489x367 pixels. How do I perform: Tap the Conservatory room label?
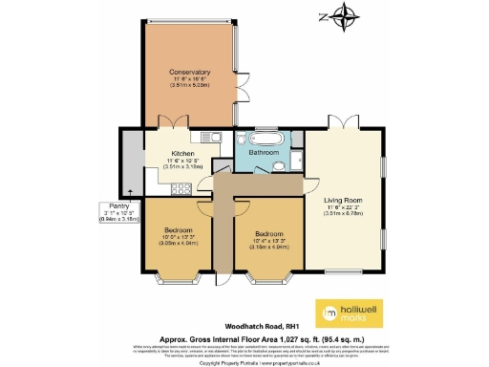(190, 73)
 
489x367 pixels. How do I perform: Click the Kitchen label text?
(182, 153)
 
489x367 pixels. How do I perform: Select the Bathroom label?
(263, 152)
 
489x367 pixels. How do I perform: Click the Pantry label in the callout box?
(117, 208)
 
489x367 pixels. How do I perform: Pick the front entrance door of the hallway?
(223, 279)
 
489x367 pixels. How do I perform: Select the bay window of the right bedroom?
(266, 281)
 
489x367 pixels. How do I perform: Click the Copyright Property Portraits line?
(244, 361)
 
